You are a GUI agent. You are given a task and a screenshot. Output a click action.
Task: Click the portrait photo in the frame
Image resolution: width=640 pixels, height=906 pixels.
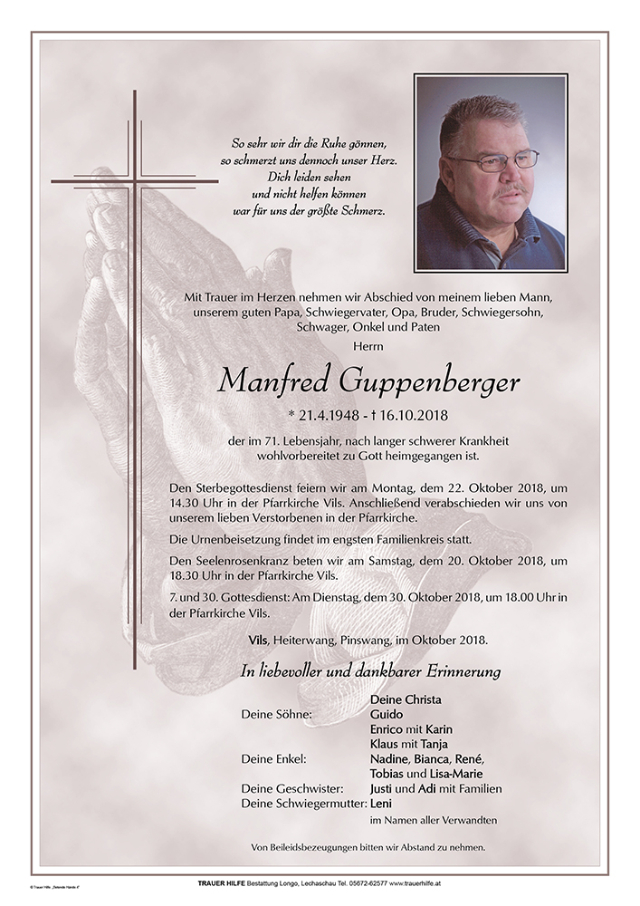pyautogui.click(x=490, y=173)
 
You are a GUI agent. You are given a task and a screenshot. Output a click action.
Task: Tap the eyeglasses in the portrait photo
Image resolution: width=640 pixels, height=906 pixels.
pyautogui.click(x=493, y=161)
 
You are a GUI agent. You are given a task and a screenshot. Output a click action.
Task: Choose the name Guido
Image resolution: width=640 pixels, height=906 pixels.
pyautogui.click(x=387, y=714)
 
